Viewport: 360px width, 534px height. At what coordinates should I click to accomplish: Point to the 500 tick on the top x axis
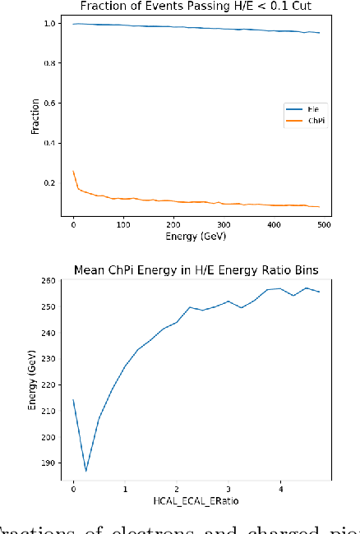coord(323,223)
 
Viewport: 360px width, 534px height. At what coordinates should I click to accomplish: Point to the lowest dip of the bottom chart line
coord(86,471)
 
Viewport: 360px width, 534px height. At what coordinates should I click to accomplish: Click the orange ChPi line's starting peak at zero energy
coord(73,171)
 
